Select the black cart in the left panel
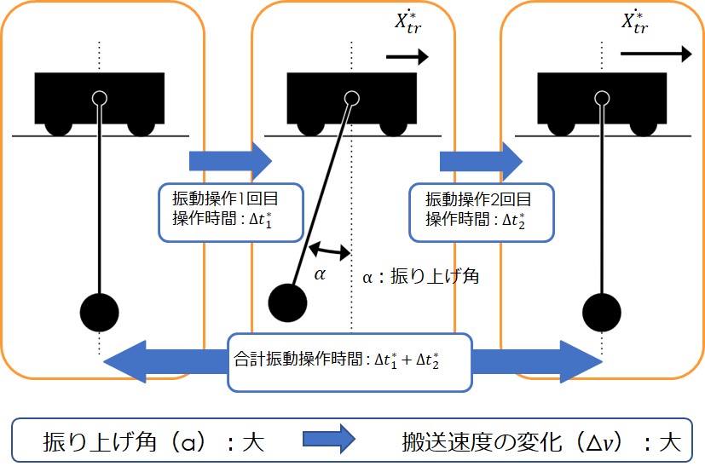click(100, 101)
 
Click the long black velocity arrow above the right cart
click(656, 54)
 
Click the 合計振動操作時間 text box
click(350, 361)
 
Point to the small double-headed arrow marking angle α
click(329, 251)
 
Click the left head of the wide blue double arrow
click(128, 360)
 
